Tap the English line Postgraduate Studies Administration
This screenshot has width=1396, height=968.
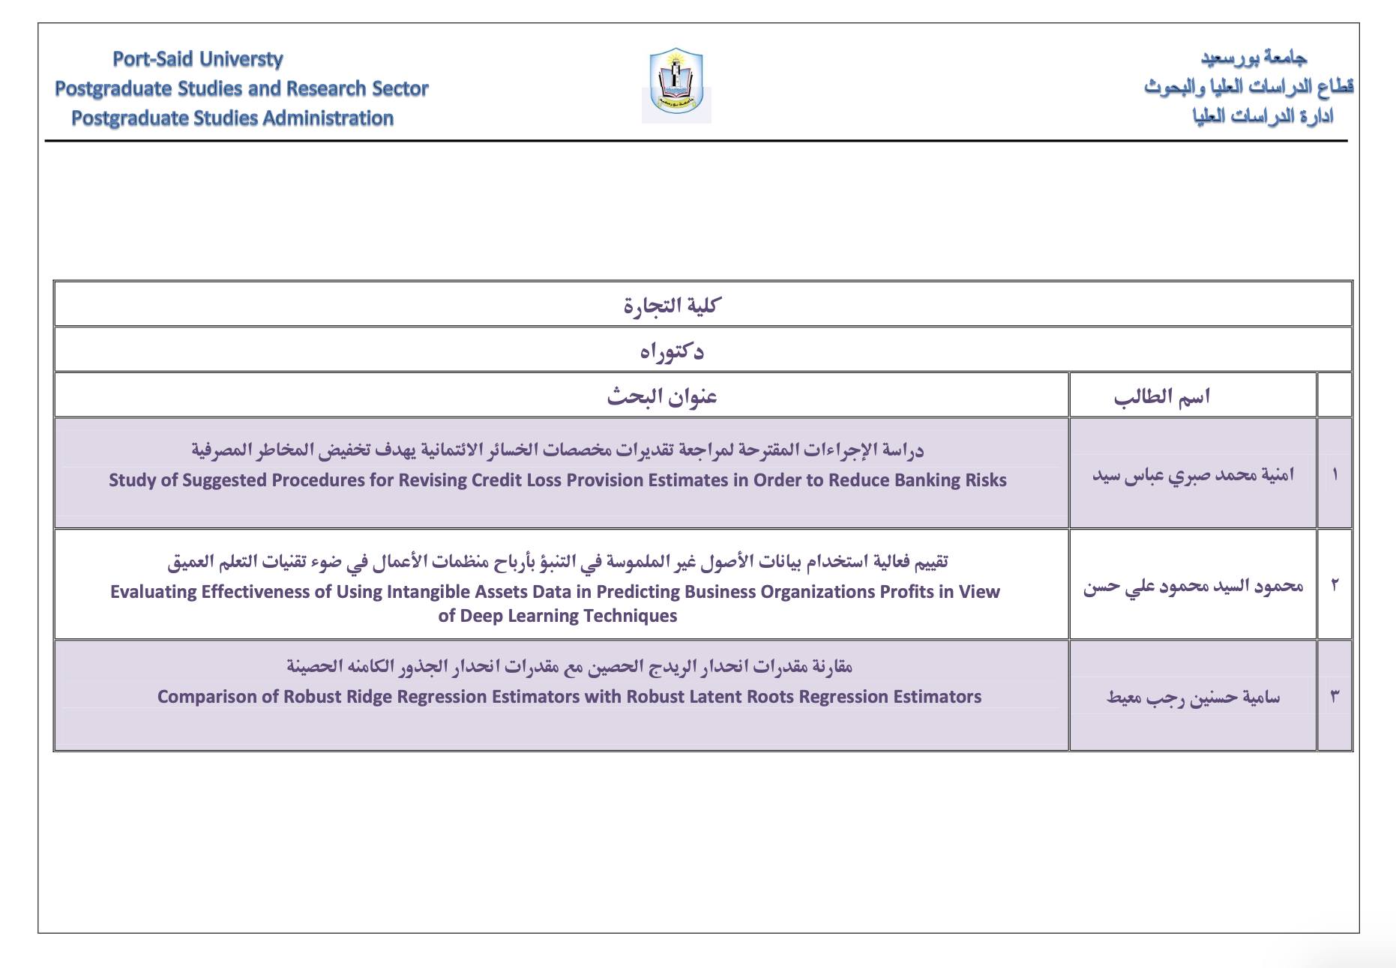click(x=232, y=118)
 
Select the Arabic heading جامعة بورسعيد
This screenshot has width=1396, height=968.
click(x=1254, y=58)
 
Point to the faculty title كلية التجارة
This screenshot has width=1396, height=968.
click(x=672, y=305)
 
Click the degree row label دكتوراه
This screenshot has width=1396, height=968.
click(x=672, y=351)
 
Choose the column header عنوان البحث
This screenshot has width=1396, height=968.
click(x=662, y=396)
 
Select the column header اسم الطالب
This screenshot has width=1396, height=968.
click(x=1161, y=396)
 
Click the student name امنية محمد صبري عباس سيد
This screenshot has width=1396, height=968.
click(x=1192, y=475)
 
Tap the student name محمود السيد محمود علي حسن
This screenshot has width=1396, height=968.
click(x=1192, y=586)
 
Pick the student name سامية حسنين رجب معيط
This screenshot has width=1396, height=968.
click(x=1192, y=698)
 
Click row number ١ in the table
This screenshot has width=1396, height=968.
click(x=1335, y=474)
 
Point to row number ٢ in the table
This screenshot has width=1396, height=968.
click(x=1335, y=585)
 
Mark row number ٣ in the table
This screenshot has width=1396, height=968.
click(x=1335, y=697)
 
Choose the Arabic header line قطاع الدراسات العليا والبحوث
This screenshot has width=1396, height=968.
click(x=1248, y=87)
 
